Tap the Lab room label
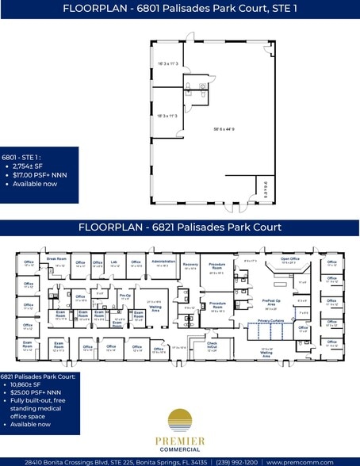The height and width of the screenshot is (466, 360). (x=114, y=262)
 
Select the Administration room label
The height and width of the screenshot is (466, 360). (x=163, y=262)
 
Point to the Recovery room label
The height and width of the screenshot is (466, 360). (x=190, y=264)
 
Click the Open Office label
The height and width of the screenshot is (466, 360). (x=290, y=258)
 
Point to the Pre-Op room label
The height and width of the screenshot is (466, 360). (x=125, y=295)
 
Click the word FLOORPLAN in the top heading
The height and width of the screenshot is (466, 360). (x=94, y=8)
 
